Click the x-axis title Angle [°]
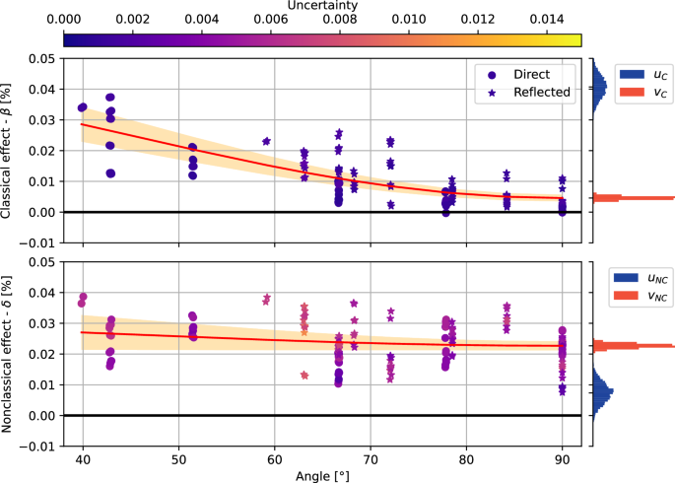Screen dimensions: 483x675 (x=322, y=476)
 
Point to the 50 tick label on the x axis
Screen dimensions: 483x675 (x=178, y=458)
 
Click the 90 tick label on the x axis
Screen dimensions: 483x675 (x=562, y=458)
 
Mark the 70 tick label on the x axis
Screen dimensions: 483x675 (x=370, y=458)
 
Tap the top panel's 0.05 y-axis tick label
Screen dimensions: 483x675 (x=40, y=59)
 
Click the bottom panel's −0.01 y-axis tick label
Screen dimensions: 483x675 (x=37, y=446)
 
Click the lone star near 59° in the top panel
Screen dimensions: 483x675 (x=266, y=141)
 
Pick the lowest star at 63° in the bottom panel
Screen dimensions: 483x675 (x=304, y=376)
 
